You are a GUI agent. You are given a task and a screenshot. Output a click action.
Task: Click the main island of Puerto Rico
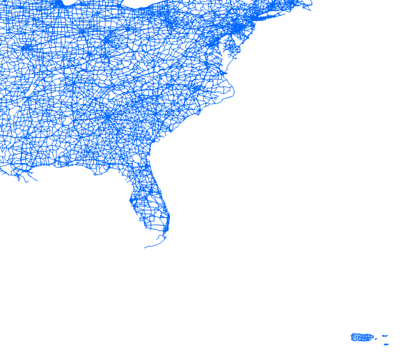tap(361, 338)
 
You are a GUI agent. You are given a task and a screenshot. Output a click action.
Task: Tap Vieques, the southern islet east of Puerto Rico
tap(386, 344)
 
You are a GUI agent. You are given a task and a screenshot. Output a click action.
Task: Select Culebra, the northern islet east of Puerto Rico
tap(384, 336)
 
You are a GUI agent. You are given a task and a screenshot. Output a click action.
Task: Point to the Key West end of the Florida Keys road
tap(146, 247)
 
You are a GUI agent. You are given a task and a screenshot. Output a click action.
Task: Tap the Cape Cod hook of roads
tap(306, 3)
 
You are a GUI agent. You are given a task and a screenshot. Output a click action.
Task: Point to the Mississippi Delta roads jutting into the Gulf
tap(28, 178)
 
